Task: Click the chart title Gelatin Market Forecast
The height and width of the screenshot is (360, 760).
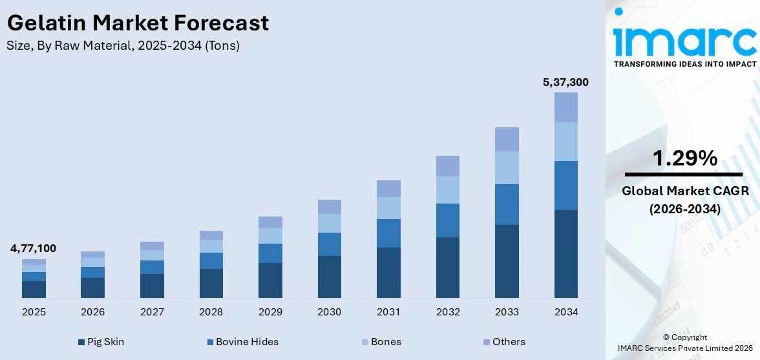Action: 138,23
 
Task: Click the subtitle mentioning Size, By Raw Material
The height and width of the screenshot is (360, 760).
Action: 123,46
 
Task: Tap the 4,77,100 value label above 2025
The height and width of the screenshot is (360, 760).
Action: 33,248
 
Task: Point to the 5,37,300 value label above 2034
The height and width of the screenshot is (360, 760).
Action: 565,82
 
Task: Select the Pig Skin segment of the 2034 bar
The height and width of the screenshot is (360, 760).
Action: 565,253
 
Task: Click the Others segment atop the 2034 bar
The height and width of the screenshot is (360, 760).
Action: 565,107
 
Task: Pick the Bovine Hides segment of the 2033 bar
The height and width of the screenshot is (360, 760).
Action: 507,204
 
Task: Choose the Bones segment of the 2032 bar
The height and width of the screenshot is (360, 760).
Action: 447,190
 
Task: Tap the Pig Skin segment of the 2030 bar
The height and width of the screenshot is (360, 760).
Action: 329,277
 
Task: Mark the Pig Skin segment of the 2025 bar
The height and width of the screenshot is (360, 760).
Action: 34,289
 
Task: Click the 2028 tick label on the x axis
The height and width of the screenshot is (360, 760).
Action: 211,312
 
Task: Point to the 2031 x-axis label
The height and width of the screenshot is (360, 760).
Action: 388,312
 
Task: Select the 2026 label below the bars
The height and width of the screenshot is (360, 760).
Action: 92,312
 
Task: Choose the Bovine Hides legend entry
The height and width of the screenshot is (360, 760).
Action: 242,342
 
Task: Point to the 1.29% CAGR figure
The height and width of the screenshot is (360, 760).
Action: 684,158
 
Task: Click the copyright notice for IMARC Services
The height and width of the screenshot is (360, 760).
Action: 684,343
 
